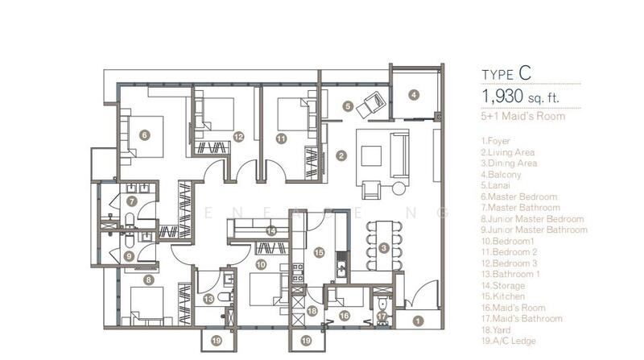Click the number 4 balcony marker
(414, 95)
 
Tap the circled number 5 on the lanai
(348, 106)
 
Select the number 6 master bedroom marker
(144, 134)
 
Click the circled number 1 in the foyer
(418, 321)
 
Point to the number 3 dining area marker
(384, 248)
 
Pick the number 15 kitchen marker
(319, 252)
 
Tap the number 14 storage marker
(271, 231)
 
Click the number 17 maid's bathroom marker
(382, 317)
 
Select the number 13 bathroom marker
(208, 299)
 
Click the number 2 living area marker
(341, 155)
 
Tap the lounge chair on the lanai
(371, 105)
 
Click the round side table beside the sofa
(398, 188)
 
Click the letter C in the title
(525, 73)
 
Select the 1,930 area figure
(502, 96)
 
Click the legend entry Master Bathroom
(520, 208)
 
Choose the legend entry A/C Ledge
(509, 341)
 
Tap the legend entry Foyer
(495, 141)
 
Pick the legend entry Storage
(502, 285)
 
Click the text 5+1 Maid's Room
(522, 116)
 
